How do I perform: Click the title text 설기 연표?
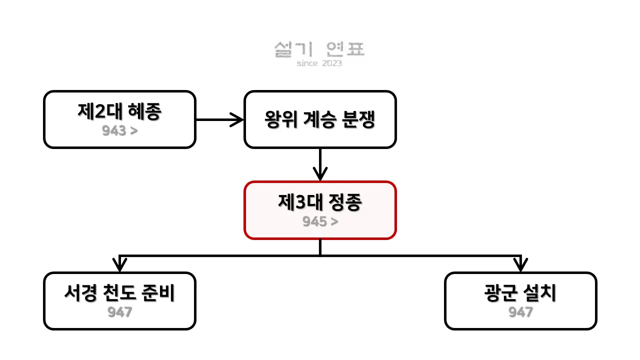[x=319, y=49]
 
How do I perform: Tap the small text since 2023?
[x=319, y=63]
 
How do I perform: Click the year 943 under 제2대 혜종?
[x=113, y=131]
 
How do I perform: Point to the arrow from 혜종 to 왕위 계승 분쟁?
[x=219, y=119]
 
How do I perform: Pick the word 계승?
[x=319, y=119]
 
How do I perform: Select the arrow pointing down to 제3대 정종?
[x=319, y=165]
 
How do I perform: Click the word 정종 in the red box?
[x=345, y=203]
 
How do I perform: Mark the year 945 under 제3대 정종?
[x=314, y=221]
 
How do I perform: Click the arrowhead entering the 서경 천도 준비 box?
[x=119, y=263]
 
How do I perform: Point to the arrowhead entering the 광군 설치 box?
[x=521, y=263]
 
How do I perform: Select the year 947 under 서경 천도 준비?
[x=119, y=312]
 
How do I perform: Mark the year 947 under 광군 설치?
[x=520, y=312]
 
